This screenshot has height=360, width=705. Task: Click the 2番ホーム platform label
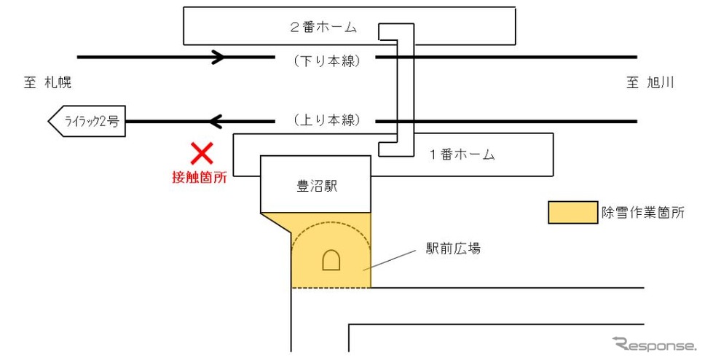323,27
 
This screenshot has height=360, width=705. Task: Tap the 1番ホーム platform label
462,154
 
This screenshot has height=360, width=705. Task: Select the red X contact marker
202,154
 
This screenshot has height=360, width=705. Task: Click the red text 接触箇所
199,177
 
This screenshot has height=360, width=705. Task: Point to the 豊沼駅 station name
317,187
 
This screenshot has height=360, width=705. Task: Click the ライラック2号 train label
92,121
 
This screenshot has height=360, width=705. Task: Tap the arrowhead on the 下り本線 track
218,57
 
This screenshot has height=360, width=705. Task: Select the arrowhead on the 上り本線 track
216,122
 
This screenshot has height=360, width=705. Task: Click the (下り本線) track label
327,61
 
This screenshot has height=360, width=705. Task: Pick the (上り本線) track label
327,120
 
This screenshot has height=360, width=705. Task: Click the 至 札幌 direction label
47,82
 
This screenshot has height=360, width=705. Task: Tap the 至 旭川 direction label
650,82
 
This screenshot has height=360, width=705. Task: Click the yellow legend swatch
572,212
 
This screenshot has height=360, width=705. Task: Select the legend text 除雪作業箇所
643,212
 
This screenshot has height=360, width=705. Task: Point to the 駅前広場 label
453,249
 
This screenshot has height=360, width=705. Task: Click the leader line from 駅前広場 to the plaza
390,261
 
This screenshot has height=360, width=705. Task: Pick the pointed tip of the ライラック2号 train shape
49,122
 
